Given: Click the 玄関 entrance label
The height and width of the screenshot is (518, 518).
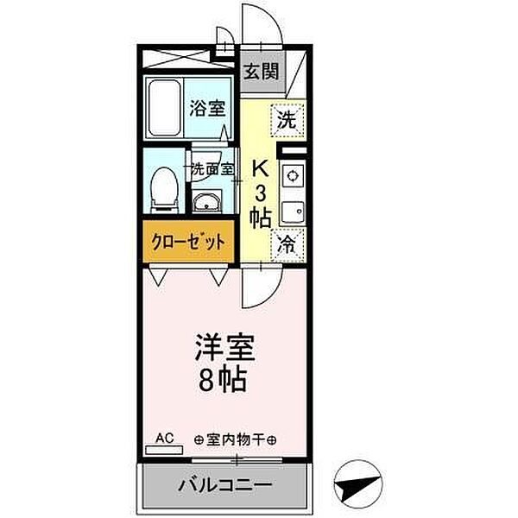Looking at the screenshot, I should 260,72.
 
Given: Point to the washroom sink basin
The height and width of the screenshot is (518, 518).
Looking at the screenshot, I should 207,204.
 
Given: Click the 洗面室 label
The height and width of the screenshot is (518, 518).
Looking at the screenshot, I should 212,169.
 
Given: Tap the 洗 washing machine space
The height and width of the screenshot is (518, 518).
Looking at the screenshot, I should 287,120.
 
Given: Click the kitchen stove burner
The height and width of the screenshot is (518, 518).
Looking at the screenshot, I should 292,176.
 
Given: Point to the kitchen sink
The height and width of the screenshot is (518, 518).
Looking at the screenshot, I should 292,210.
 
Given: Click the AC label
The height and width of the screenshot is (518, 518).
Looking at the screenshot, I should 165,439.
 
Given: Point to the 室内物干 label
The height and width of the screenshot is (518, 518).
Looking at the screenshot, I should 237,439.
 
